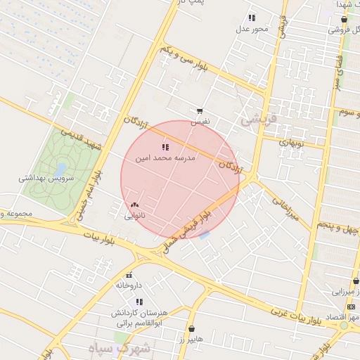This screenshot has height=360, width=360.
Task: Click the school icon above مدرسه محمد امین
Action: tap(165, 146)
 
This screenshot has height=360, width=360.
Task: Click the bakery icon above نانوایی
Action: tap(134, 205)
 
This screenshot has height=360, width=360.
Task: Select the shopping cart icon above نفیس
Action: tap(200, 111)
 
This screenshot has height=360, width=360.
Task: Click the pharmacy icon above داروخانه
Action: tap(128, 275)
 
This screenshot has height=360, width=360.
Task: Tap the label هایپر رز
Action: tap(191, 339)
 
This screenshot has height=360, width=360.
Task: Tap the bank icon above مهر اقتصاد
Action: tap(351, 307)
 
